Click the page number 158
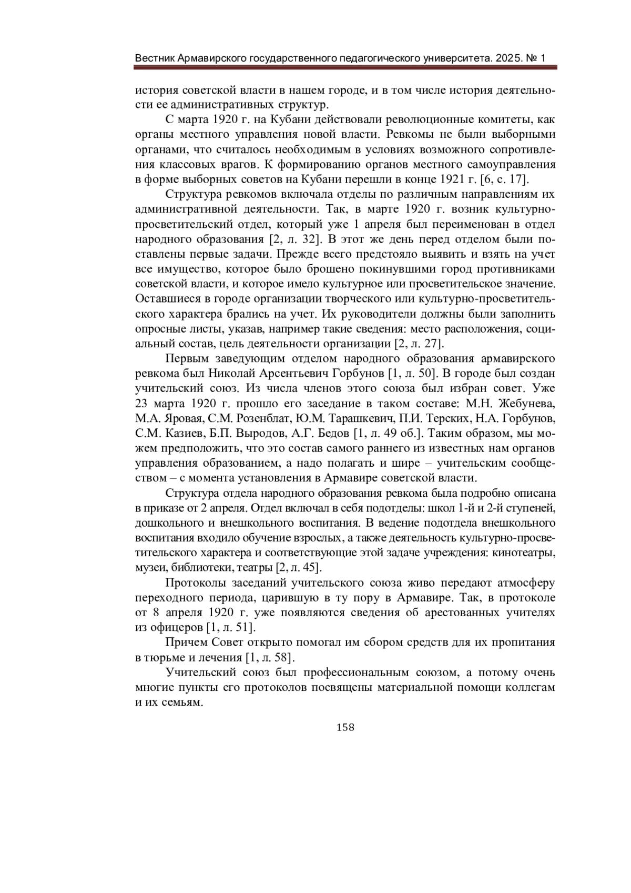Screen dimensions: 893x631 click(x=345, y=727)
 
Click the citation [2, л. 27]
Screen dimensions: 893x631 click(x=419, y=344)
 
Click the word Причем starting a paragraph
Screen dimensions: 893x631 click(x=187, y=643)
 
